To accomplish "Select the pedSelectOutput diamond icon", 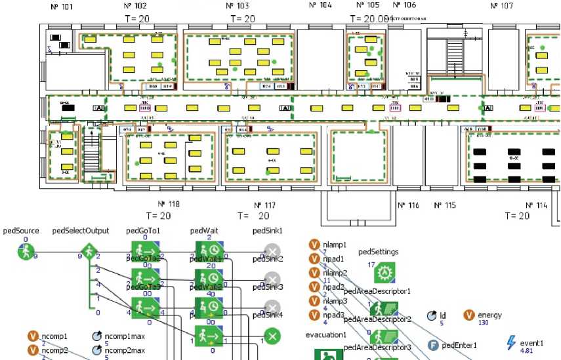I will (89, 252).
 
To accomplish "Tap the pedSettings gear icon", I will (383, 272).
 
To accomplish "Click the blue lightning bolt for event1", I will (512, 342).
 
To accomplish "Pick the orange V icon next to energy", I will (470, 315).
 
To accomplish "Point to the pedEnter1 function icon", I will (433, 345).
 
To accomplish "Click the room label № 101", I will (62, 7).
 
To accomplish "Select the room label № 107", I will (501, 6).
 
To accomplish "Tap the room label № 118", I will (169, 205).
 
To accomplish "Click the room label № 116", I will (408, 205).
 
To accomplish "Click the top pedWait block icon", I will (206, 251).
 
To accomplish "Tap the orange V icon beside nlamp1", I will (314, 245).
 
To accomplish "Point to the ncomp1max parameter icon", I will (96, 336).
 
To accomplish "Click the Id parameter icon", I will (432, 315).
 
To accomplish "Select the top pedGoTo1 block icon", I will (143, 251).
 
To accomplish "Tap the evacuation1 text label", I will (325, 334).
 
